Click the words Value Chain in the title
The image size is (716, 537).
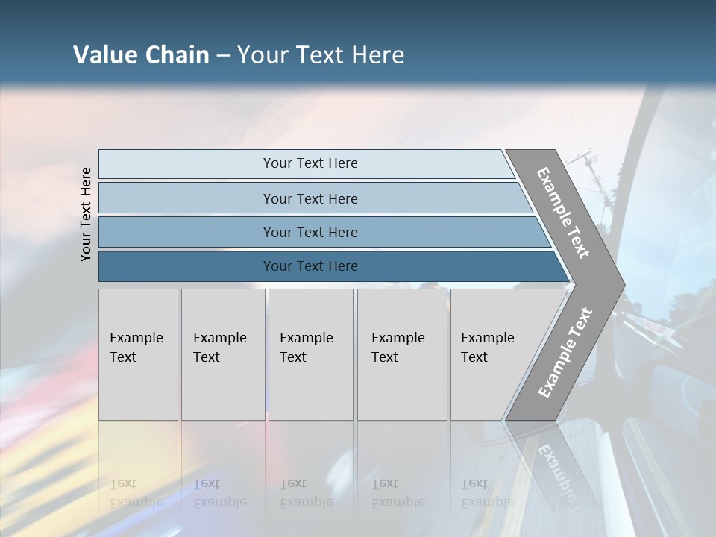141,55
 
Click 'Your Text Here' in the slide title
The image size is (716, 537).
321,55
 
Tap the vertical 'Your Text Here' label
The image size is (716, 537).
86,214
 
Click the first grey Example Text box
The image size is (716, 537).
138,354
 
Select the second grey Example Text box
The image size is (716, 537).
223,354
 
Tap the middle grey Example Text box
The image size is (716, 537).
310,354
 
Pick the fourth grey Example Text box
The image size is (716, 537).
402,354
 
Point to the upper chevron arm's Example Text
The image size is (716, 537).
563,213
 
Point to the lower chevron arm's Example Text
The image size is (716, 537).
565,353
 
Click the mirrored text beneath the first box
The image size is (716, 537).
136,494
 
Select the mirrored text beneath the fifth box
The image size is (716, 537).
488,494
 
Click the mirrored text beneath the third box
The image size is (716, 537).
307,494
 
